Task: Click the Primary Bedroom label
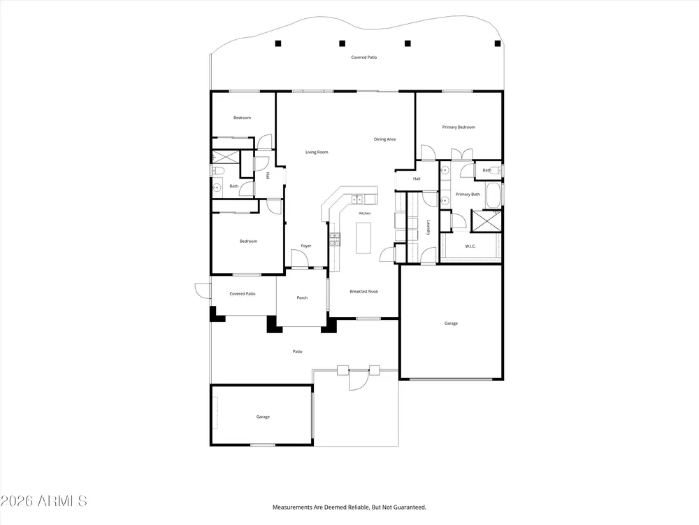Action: point(459,127)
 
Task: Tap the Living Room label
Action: point(317,152)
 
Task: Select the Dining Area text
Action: point(384,139)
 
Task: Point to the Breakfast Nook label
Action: point(363,291)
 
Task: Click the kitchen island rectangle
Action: point(363,238)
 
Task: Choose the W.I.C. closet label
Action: point(470,246)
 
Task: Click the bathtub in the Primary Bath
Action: point(493,195)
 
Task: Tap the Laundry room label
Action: point(428,227)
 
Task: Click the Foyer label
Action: point(306,246)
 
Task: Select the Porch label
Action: point(302,297)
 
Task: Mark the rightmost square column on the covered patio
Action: point(498,43)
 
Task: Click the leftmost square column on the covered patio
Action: point(278,43)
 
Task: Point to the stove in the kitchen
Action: point(334,239)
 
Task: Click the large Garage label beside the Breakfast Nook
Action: point(451,323)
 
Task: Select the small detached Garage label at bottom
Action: point(263,417)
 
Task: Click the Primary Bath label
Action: point(468,195)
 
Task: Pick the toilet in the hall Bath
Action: point(217,170)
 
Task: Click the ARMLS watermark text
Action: point(43,501)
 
